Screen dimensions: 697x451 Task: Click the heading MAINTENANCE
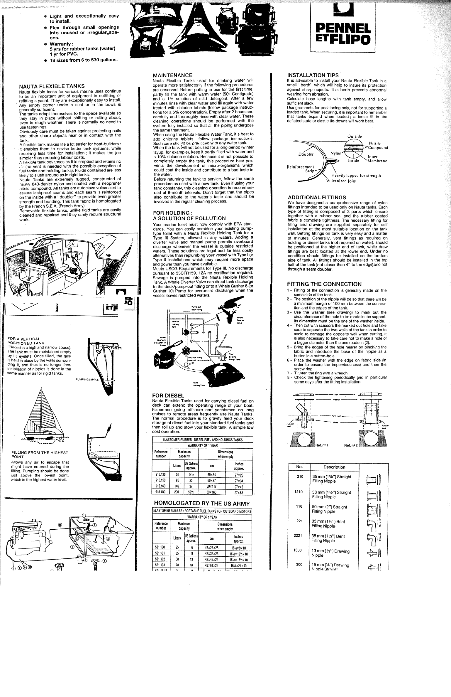point(173,75)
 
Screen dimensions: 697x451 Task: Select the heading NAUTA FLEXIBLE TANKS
point(52,86)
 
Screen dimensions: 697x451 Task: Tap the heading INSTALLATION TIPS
point(313,75)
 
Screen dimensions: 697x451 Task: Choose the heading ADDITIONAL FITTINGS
point(317,197)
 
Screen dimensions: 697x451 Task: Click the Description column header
point(334,467)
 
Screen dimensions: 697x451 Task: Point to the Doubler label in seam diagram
point(306,154)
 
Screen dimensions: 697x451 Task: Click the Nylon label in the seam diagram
point(336,153)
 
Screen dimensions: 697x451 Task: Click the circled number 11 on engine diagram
point(60,525)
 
